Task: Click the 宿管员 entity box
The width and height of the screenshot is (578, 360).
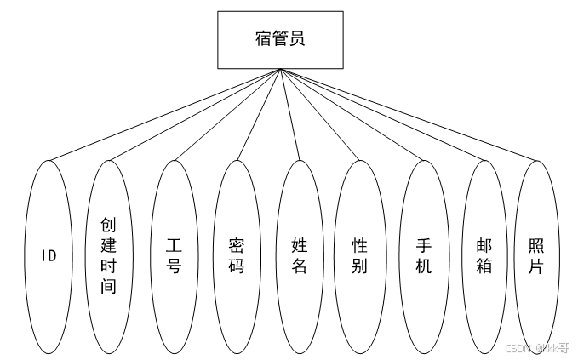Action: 280,39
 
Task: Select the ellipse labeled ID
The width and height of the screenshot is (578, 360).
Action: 49,255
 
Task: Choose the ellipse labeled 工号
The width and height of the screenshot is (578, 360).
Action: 173,255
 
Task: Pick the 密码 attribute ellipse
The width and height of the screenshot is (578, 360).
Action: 236,255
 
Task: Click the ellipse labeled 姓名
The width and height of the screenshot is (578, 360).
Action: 299,255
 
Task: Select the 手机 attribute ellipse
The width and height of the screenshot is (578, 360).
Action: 423,255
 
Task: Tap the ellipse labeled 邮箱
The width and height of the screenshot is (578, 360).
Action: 484,255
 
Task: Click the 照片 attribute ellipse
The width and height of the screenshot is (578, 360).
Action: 537,255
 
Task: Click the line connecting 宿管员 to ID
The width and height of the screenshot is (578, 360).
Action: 165,115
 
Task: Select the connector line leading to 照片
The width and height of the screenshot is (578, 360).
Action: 409,114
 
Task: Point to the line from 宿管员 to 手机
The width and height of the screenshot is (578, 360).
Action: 352,114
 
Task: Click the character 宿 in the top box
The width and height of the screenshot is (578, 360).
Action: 264,39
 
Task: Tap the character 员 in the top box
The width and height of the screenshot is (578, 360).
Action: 298,39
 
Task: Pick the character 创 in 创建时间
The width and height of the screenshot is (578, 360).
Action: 109,225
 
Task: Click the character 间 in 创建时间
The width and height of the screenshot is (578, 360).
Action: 109,286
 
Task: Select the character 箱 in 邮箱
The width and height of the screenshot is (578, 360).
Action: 484,266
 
